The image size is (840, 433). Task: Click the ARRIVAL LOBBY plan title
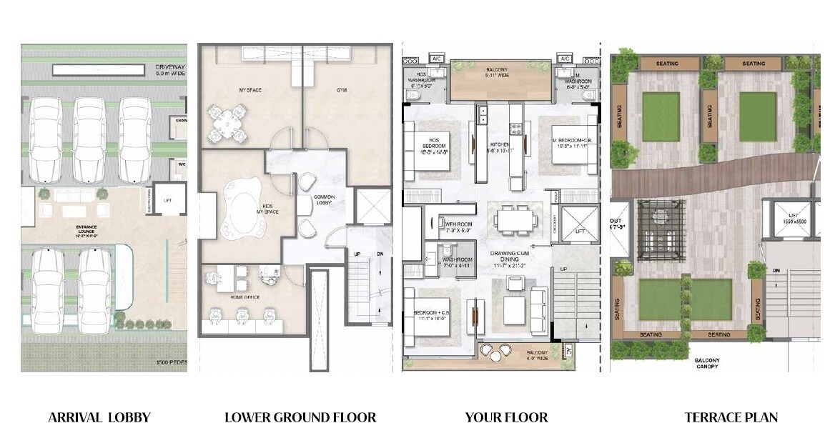(x=99, y=417)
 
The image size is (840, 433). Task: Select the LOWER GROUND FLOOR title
(x=300, y=417)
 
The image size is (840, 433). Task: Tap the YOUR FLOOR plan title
(x=506, y=417)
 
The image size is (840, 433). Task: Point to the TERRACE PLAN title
(x=731, y=417)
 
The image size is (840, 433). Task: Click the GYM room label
(x=327, y=91)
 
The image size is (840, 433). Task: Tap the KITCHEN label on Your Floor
(x=500, y=147)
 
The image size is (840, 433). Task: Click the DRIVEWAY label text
(x=170, y=69)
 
